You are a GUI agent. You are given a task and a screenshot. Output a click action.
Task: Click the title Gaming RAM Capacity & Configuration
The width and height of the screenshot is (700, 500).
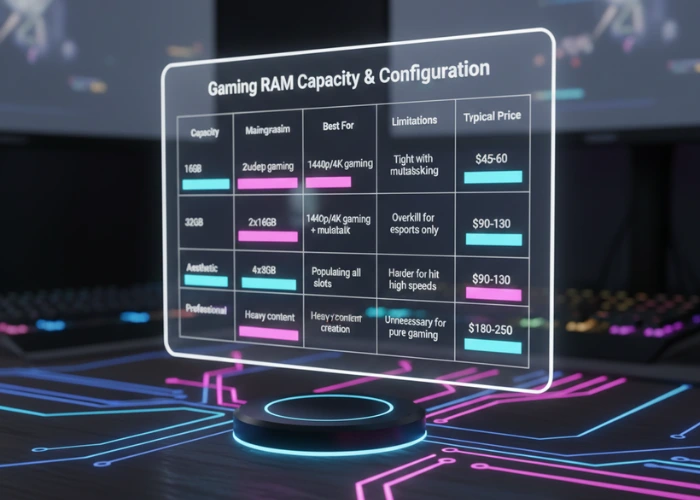(x=348, y=79)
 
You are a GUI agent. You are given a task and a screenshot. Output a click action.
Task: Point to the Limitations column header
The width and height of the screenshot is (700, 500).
(x=414, y=121)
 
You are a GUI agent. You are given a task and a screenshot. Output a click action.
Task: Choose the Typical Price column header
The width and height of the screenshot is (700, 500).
(x=492, y=116)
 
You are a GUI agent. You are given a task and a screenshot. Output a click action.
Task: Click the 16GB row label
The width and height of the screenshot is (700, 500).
(x=193, y=169)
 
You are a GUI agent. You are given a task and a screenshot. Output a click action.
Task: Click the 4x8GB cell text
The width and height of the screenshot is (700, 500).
(x=267, y=269)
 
